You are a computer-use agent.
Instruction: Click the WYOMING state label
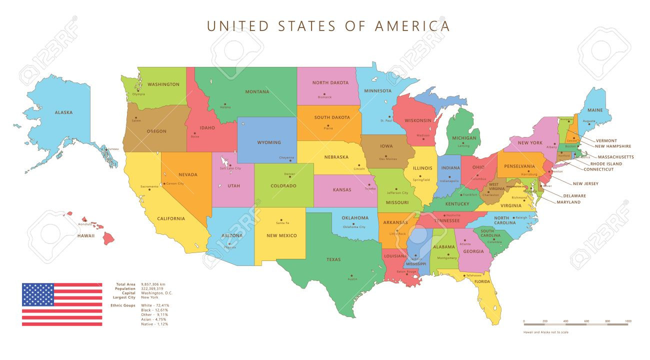(269, 142)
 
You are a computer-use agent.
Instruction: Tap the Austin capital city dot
(351, 275)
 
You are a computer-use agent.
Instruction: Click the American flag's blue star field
(37, 294)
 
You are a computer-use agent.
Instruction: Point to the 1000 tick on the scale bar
(627, 321)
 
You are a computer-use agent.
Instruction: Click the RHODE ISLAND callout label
(606, 163)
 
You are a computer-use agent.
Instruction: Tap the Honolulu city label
(85, 224)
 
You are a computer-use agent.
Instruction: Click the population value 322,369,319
(152, 288)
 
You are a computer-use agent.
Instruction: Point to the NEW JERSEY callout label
(585, 183)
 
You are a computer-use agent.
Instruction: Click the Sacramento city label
(149, 186)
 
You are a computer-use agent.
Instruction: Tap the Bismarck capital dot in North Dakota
(324, 94)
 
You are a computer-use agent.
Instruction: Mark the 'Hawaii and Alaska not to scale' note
(545, 332)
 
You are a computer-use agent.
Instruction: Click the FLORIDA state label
(482, 281)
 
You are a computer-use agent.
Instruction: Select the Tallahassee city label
(473, 275)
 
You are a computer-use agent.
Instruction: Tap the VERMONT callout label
(606, 140)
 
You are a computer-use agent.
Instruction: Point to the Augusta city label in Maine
(589, 120)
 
